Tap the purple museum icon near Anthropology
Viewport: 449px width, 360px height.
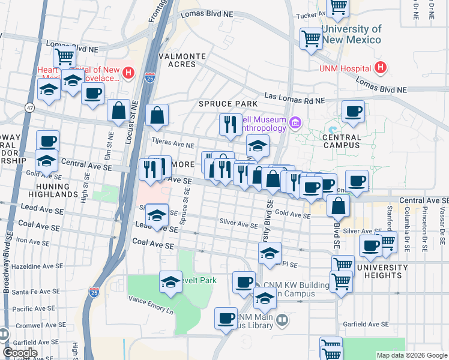pyautogui.click(x=295, y=124)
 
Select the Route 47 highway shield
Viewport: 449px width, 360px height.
pyautogui.click(x=29, y=107)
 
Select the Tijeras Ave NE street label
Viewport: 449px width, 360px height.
pyautogui.click(x=173, y=145)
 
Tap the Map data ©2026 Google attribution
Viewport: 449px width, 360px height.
pyautogui.click(x=412, y=355)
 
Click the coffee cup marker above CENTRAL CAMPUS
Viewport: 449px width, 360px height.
pyautogui.click(x=353, y=111)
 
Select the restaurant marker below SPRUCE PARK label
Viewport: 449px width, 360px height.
pyautogui.click(x=231, y=124)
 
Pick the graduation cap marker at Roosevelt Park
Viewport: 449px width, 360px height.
pyautogui.click(x=170, y=282)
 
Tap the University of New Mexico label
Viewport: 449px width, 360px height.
pyautogui.click(x=351, y=34)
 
